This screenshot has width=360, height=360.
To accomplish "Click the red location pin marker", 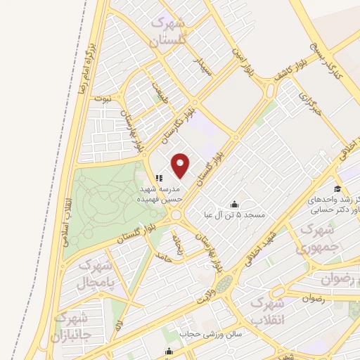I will coord(181,166).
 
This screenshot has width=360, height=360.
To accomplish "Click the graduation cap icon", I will coord(337,190).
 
